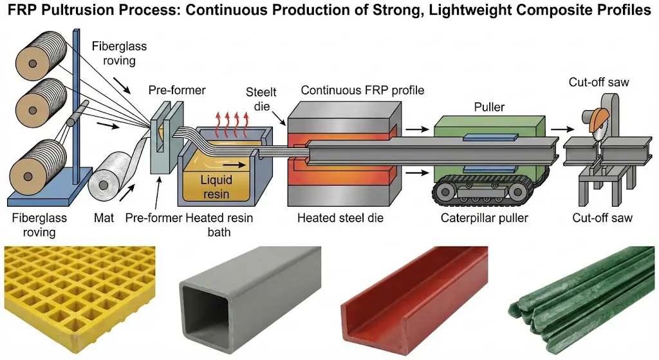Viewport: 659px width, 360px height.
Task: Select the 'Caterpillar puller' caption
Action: tap(485, 218)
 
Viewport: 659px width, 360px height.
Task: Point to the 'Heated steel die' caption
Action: tap(340, 218)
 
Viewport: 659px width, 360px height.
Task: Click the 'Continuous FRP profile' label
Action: tap(362, 90)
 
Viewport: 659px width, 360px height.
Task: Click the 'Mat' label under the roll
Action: tap(105, 218)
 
